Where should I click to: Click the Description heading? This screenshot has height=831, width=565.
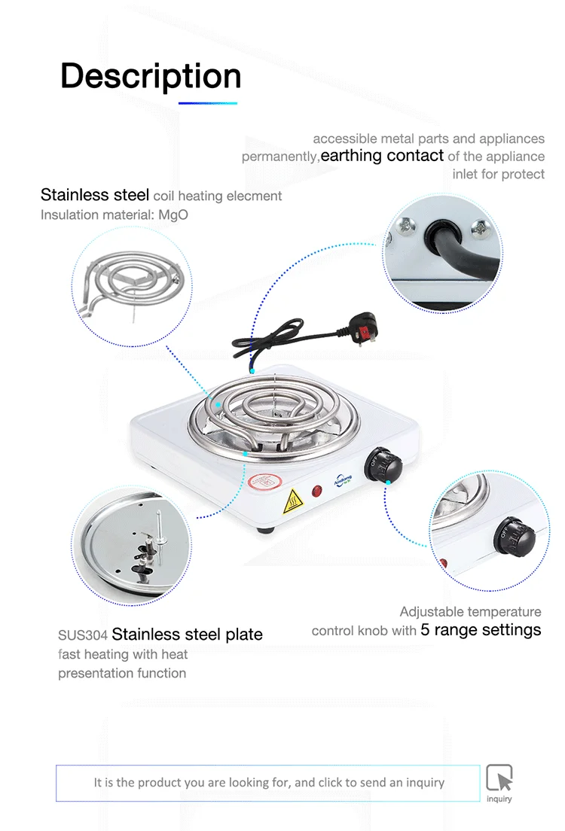[x=151, y=76]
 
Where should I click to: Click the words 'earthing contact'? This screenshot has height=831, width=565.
[x=382, y=156]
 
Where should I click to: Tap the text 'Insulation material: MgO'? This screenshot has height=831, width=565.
[x=115, y=215]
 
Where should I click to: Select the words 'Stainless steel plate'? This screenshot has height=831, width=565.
[x=188, y=634]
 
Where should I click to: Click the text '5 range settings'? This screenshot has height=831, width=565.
[x=481, y=630]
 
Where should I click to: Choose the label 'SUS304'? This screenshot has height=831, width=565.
[x=83, y=635]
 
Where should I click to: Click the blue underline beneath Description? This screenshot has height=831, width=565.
[x=208, y=103]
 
